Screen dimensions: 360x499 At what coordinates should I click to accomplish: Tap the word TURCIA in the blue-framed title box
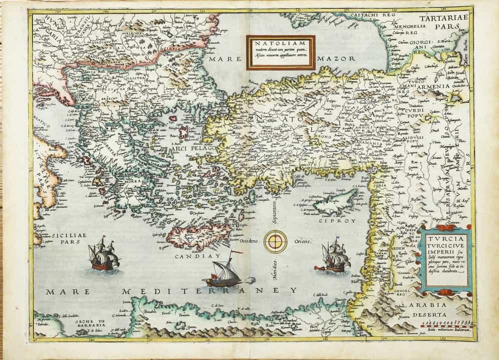pyautogui.click(x=440, y=238)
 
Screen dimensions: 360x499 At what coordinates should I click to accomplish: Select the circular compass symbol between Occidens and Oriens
pyautogui.click(x=275, y=241)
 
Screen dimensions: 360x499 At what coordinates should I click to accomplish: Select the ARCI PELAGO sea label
pyautogui.click(x=192, y=149)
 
